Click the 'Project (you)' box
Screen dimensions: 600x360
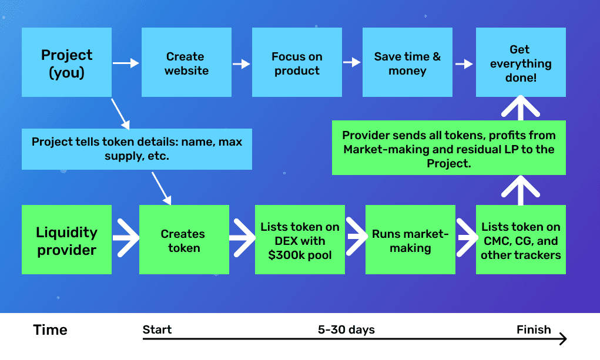pyautogui.click(x=66, y=62)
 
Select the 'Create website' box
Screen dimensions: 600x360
pyautogui.click(x=186, y=62)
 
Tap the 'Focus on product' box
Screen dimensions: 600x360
pyautogui.click(x=297, y=62)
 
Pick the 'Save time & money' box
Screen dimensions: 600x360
pyautogui.click(x=407, y=62)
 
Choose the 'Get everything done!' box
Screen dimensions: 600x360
pyautogui.click(x=521, y=62)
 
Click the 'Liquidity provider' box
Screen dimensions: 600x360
pyautogui.click(x=66, y=240)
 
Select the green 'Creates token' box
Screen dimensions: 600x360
pyautogui.click(x=184, y=240)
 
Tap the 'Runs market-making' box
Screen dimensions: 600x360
pyautogui.click(x=410, y=240)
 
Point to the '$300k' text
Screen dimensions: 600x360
pyautogui.click(x=283, y=255)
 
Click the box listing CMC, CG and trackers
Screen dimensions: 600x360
pyautogui.click(x=521, y=240)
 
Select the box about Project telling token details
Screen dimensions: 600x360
pyautogui.click(x=136, y=149)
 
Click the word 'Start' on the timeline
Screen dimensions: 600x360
pyautogui.click(x=157, y=329)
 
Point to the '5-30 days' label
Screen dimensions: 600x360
pyautogui.click(x=346, y=330)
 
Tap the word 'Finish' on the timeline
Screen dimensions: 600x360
pyautogui.click(x=534, y=329)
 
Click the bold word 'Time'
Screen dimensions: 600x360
pyautogui.click(x=50, y=330)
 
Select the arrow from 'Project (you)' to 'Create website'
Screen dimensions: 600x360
pyautogui.click(x=126, y=63)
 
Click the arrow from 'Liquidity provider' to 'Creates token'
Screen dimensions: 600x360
pyautogui.click(x=126, y=238)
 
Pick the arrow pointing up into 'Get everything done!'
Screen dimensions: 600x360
pyautogui.click(x=521, y=108)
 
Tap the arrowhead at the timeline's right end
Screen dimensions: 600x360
pyautogui.click(x=563, y=339)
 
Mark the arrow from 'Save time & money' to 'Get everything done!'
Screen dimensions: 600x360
pyautogui.click(x=464, y=63)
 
